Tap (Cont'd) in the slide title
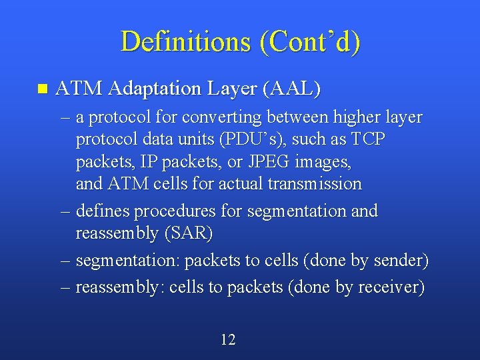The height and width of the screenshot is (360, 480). pyautogui.click(x=310, y=41)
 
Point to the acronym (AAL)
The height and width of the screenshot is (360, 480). pyautogui.click(x=292, y=88)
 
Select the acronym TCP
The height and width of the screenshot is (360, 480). pyautogui.click(x=367, y=139)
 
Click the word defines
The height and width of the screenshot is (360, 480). pyautogui.click(x=103, y=211)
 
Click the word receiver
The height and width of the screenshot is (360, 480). pyautogui.click(x=390, y=288)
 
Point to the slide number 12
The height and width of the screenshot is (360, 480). pyautogui.click(x=228, y=340)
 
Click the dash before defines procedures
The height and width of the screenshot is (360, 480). pyautogui.click(x=65, y=211)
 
